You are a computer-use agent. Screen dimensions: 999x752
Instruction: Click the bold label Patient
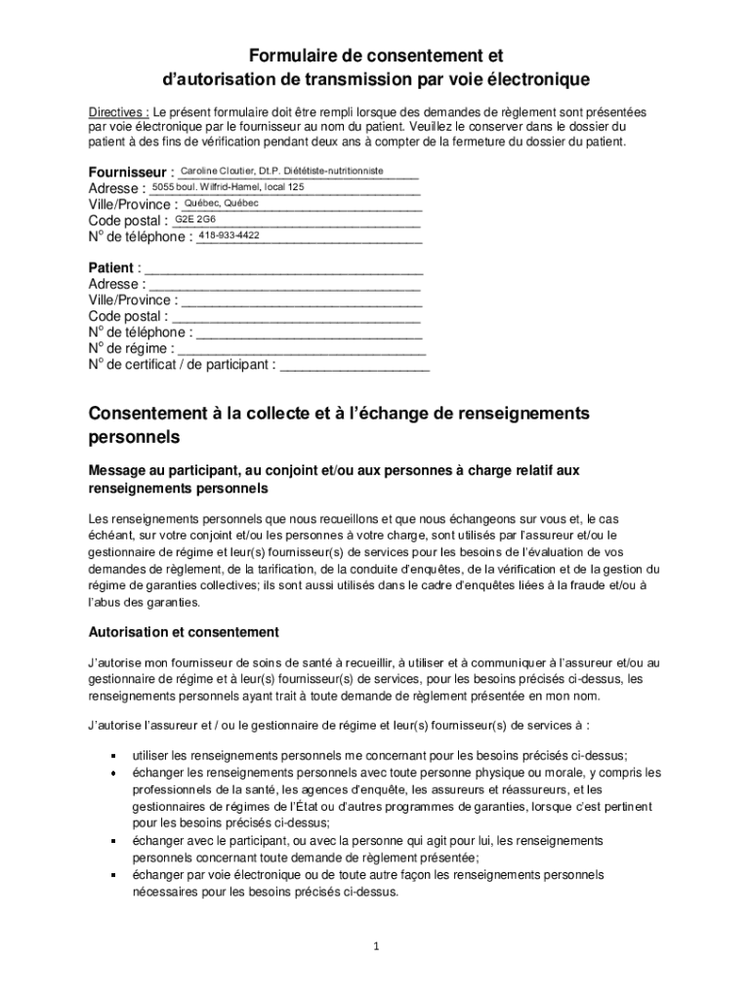(x=110, y=268)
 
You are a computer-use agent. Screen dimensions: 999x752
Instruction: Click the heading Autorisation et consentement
(x=184, y=632)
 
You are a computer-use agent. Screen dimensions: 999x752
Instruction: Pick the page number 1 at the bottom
(x=376, y=946)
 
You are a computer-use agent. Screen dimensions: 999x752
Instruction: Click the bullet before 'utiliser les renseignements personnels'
(x=113, y=756)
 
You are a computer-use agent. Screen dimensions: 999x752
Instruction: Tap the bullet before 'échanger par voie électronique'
(x=113, y=875)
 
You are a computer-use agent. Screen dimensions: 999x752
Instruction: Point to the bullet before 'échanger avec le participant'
(x=113, y=841)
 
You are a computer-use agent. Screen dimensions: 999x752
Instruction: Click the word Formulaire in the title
(x=289, y=56)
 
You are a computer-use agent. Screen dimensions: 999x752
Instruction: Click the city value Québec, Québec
(x=221, y=203)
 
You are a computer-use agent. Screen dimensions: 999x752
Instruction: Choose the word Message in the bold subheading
(x=116, y=470)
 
